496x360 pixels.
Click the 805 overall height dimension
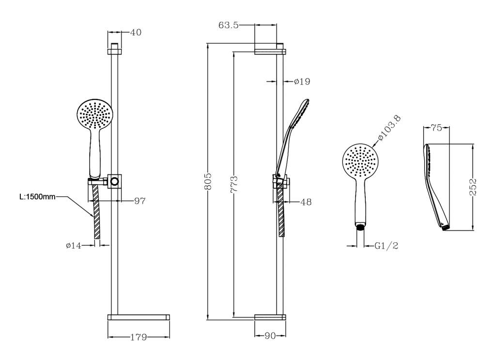coord(208,182)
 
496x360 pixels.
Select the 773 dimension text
coord(234,185)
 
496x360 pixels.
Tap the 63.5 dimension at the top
coord(229,25)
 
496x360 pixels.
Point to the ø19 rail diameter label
coord(302,81)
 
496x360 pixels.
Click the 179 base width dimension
coord(139,337)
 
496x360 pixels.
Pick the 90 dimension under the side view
coord(270,336)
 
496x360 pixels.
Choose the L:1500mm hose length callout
coord(37,197)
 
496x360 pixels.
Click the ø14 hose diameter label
coord(74,245)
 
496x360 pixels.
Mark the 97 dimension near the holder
coord(140,201)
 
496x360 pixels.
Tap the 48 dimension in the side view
coord(306,202)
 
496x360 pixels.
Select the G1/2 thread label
coord(386,246)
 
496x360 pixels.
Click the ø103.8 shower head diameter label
coord(389,128)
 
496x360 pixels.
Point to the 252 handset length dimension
coord(473,187)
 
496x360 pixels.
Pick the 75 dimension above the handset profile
coord(436,128)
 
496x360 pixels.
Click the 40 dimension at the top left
coord(136,32)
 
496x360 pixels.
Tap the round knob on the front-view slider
coord(114,182)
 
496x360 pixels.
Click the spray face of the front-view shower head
coord(95,114)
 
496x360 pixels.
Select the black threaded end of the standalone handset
coord(360,226)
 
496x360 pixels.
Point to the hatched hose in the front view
coord(97,211)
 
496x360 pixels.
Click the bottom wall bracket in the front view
coord(139,317)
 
